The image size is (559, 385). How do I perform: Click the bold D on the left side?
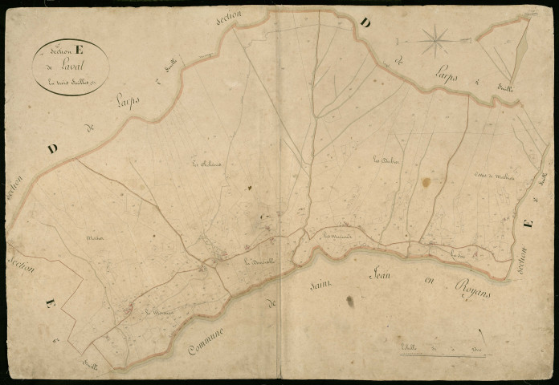[x=53, y=148]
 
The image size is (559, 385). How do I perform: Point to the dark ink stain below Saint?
[x=349, y=302]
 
